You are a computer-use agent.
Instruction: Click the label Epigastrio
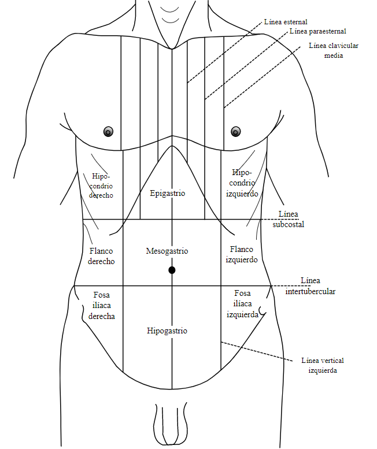click(168, 193)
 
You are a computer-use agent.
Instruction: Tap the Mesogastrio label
click(167, 251)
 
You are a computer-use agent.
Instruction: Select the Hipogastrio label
click(167, 331)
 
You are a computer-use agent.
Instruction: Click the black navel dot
click(172, 270)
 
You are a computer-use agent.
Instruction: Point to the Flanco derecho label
click(101, 256)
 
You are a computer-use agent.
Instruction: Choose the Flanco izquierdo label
click(242, 254)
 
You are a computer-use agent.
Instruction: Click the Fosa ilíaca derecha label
click(101, 306)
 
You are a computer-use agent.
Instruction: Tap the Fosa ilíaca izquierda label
click(242, 304)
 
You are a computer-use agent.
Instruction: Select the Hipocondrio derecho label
click(101, 185)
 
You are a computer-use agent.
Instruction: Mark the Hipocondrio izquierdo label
click(242, 183)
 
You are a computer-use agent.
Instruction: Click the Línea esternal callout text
click(286, 22)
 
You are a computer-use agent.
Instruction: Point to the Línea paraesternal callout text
click(317, 31)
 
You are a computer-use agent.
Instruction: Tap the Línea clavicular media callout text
click(334, 50)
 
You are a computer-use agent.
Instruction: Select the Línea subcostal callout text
click(288, 219)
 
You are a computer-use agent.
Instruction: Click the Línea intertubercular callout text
click(311, 286)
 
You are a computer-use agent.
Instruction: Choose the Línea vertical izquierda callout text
click(323, 365)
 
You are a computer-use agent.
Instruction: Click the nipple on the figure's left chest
click(236, 131)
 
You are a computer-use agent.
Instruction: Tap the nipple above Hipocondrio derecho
click(108, 131)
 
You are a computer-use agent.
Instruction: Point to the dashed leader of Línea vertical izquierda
click(257, 352)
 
